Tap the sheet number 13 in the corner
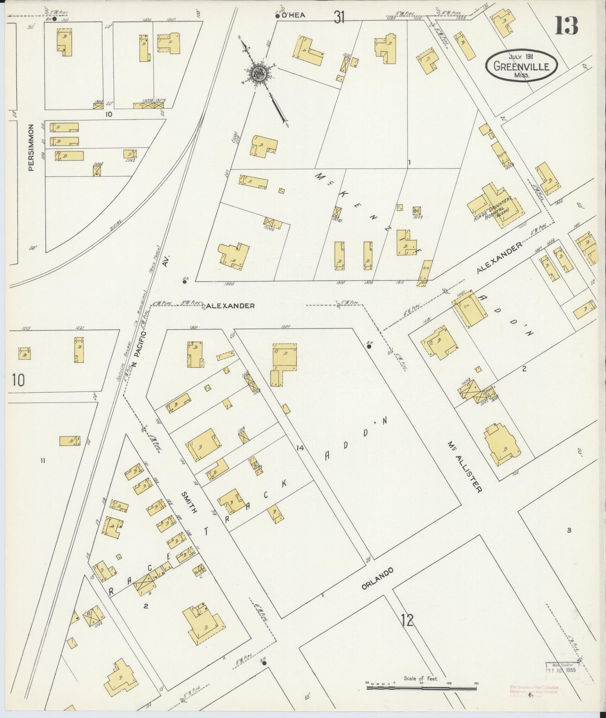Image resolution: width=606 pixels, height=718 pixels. tap(566, 26)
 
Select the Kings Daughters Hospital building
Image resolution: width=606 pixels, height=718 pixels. tap(495, 205)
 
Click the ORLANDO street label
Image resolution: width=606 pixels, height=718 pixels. tap(377, 579)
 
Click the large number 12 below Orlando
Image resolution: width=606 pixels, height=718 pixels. tap(407, 620)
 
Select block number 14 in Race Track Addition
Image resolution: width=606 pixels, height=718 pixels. tap(299, 448)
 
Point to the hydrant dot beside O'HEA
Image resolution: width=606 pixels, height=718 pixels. tap(278, 16)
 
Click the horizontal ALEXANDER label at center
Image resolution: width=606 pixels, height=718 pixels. tap(231, 306)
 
